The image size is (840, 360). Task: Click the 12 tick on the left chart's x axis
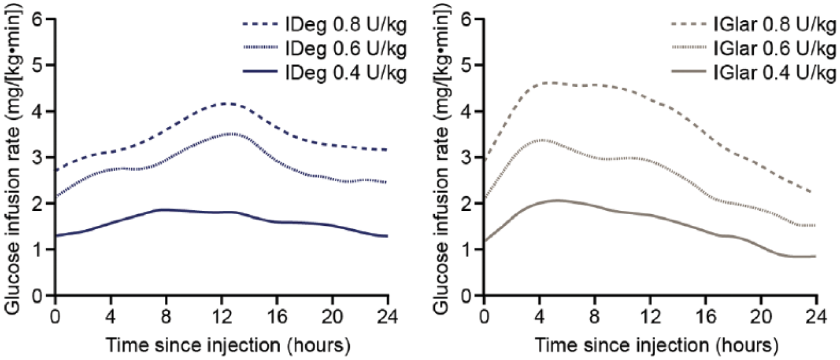click(221, 317)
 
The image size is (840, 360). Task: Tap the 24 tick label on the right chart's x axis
click(816, 317)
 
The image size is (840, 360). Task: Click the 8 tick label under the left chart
click(166, 317)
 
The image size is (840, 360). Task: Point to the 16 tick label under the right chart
click(706, 317)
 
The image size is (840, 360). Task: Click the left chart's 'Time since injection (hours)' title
click(228, 345)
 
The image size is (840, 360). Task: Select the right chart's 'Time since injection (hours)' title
click(656, 345)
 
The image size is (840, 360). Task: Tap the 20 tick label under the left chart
click(333, 317)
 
